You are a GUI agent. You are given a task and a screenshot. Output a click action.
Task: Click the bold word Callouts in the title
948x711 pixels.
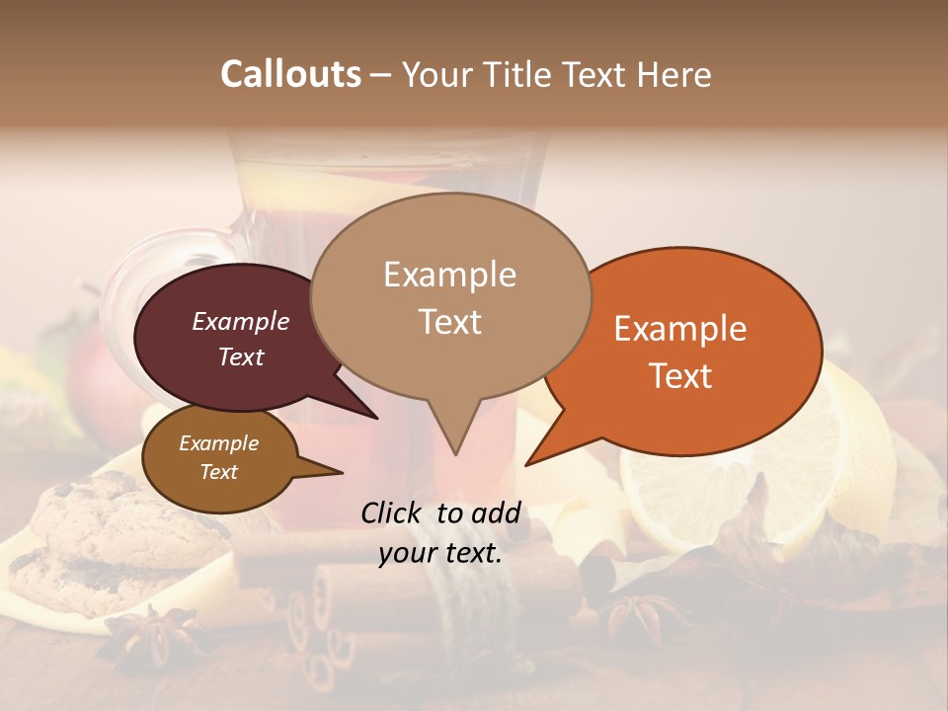(290, 74)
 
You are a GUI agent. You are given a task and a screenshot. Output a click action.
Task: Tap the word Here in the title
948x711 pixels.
(671, 75)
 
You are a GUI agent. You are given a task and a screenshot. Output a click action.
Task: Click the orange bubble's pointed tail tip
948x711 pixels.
(527, 463)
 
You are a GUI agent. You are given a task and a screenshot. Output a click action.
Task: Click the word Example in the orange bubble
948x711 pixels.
(680, 329)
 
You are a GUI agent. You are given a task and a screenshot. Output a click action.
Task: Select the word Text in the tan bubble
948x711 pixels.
(450, 322)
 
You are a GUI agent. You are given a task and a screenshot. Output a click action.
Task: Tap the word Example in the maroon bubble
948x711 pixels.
(241, 322)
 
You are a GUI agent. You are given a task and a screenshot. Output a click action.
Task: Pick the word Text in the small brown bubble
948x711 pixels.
(219, 472)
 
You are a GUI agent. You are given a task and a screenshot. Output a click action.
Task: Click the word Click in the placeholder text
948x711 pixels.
(393, 513)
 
